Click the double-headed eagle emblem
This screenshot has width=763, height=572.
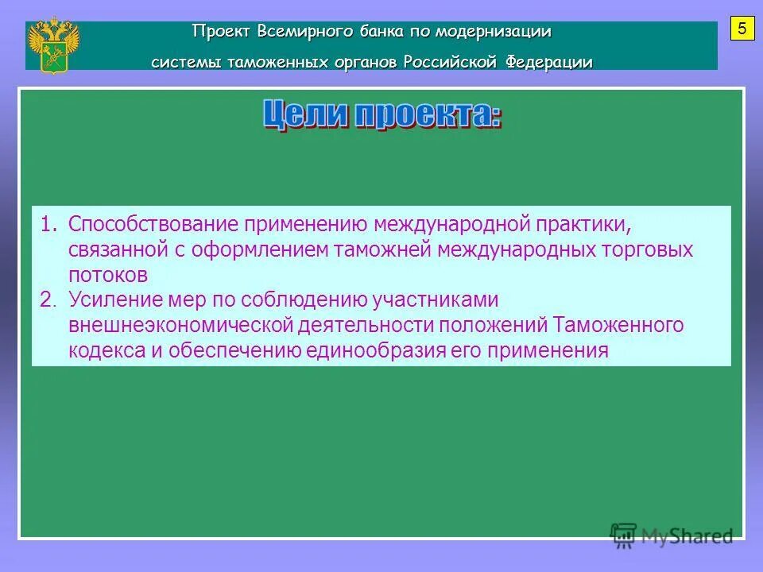[x=53, y=45]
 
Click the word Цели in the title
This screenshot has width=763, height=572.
[x=304, y=115]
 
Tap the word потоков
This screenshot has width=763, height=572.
[x=108, y=275]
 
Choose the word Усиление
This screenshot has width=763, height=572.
[x=114, y=300]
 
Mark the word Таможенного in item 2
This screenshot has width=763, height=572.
[x=618, y=325]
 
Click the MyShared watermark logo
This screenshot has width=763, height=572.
[x=672, y=535]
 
